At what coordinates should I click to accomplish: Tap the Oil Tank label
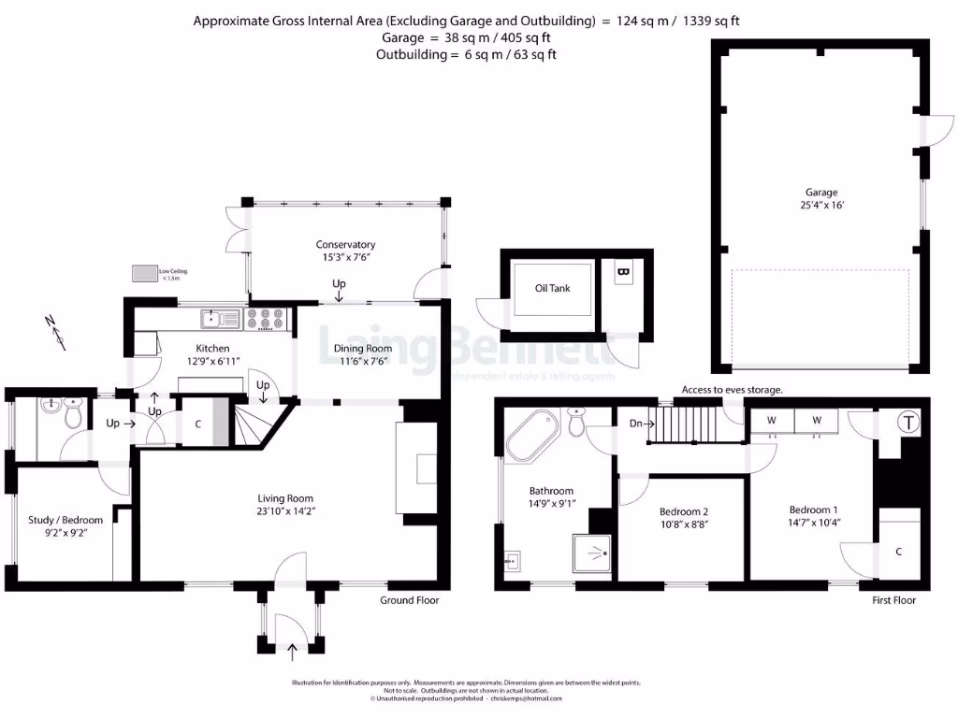coord(552,289)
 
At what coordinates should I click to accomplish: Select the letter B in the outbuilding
coord(622,273)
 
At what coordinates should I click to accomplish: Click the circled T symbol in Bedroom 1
coord(907,423)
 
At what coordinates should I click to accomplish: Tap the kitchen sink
coord(221,320)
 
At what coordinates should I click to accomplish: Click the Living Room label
coord(285,498)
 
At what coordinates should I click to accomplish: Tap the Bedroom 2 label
coord(684,511)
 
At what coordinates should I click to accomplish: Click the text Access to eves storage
coord(732,390)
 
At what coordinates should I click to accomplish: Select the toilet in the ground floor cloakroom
coord(71,417)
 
